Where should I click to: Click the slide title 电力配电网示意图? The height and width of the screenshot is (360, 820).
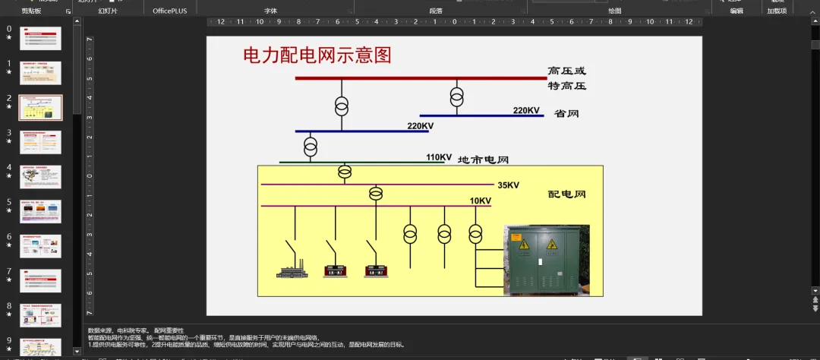pyautogui.click(x=317, y=55)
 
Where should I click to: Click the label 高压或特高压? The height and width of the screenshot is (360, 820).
pyautogui.click(x=567, y=78)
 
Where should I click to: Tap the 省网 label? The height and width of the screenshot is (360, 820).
pyautogui.click(x=567, y=113)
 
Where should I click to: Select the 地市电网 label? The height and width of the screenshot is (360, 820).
pyautogui.click(x=483, y=159)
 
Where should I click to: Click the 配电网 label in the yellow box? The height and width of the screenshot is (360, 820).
pyautogui.click(x=567, y=194)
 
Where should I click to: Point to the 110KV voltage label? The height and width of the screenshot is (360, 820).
pyautogui.click(x=439, y=157)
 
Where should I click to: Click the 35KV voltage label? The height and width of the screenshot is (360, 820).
pyautogui.click(x=509, y=185)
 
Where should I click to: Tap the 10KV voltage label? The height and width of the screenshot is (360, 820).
pyautogui.click(x=480, y=201)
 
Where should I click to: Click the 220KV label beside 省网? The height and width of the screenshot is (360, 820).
pyautogui.click(x=526, y=111)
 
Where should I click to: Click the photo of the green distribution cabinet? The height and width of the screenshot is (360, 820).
pyautogui.click(x=547, y=260)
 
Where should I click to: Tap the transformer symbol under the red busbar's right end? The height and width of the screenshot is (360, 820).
pyautogui.click(x=456, y=96)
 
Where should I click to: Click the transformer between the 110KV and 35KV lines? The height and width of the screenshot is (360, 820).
pyautogui.click(x=345, y=172)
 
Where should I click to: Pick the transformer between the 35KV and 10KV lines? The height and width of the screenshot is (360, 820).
pyautogui.click(x=376, y=194)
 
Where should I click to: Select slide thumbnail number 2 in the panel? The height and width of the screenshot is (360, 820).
pyautogui.click(x=41, y=107)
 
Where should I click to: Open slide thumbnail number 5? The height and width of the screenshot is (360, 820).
pyautogui.click(x=41, y=211)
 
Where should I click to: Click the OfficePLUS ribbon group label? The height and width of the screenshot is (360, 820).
pyautogui.click(x=169, y=11)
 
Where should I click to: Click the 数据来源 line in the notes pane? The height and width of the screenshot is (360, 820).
pyautogui.click(x=136, y=330)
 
